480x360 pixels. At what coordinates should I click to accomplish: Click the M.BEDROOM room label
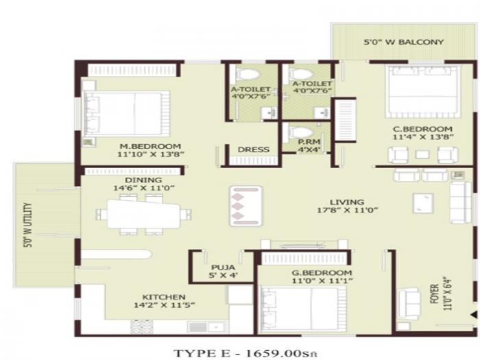(x=149, y=146)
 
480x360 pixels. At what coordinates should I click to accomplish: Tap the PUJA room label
(x=223, y=267)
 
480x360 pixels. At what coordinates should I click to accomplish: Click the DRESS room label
(x=252, y=150)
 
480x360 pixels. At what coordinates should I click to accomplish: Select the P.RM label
(x=305, y=143)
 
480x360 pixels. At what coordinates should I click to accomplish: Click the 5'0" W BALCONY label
(x=403, y=43)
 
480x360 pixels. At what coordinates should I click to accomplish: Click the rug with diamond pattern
(x=245, y=204)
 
